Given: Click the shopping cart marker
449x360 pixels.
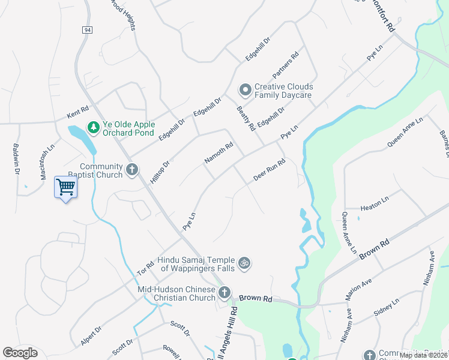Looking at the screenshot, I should click(x=65, y=187).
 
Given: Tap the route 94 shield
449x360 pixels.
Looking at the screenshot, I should click(x=88, y=29).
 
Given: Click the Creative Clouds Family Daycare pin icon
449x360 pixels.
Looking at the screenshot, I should click(x=245, y=91).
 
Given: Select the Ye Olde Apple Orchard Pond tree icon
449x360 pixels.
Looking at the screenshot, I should click(x=93, y=127).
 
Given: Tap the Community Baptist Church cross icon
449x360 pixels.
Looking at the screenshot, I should click(x=132, y=170).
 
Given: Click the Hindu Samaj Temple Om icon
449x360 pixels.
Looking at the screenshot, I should click(x=244, y=263).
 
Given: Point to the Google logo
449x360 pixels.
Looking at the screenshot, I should click(x=20, y=353).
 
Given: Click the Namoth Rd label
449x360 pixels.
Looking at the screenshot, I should click(x=218, y=152).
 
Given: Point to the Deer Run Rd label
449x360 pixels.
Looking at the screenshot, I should click(x=268, y=171).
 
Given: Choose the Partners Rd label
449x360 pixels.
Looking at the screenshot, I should click(x=285, y=66).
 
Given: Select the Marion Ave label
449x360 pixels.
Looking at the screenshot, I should click(x=360, y=289).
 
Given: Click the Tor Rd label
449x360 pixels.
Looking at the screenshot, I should click(x=146, y=262).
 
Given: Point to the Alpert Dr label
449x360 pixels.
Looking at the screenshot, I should click(x=91, y=336).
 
